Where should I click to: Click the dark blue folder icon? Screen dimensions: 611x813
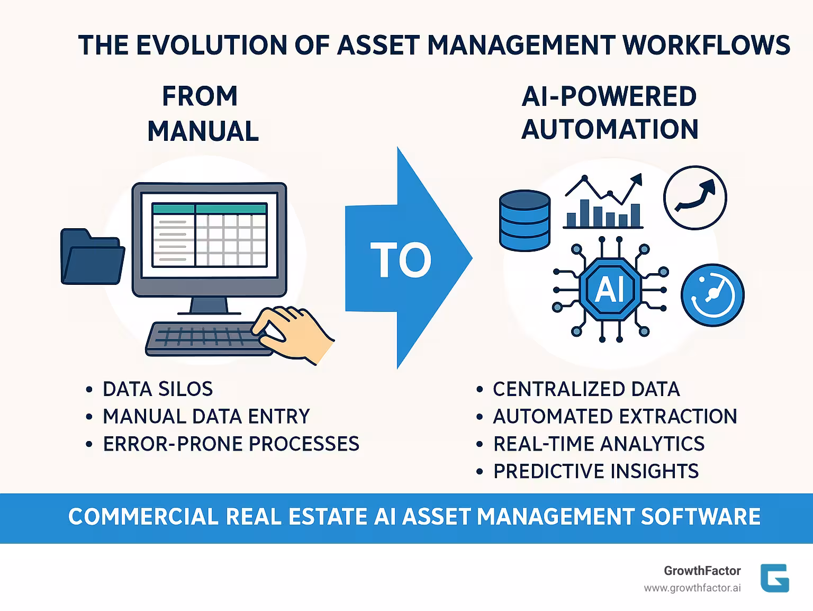tap(92, 257)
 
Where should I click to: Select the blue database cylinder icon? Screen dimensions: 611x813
tap(525, 220)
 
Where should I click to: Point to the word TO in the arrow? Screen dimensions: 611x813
tap(401, 260)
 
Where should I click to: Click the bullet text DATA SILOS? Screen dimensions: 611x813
tap(158, 389)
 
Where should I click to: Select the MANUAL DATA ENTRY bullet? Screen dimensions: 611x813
tap(206, 417)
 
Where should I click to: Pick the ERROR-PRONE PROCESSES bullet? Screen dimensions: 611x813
tap(231, 444)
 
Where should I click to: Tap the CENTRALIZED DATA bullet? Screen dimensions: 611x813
tap(586, 389)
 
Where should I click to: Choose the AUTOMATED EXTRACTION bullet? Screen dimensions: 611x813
tap(615, 417)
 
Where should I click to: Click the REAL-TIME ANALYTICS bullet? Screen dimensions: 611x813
tap(599, 444)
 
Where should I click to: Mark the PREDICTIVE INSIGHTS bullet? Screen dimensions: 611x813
tap(595, 471)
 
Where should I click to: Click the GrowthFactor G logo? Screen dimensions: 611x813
tap(774, 578)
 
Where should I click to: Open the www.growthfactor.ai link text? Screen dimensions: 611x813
tap(692, 588)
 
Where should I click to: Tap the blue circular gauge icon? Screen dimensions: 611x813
tap(712, 295)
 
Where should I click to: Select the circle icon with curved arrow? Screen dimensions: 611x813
tap(695, 198)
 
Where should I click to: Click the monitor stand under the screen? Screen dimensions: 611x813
tap(209, 306)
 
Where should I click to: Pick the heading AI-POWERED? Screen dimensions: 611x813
tap(609, 96)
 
